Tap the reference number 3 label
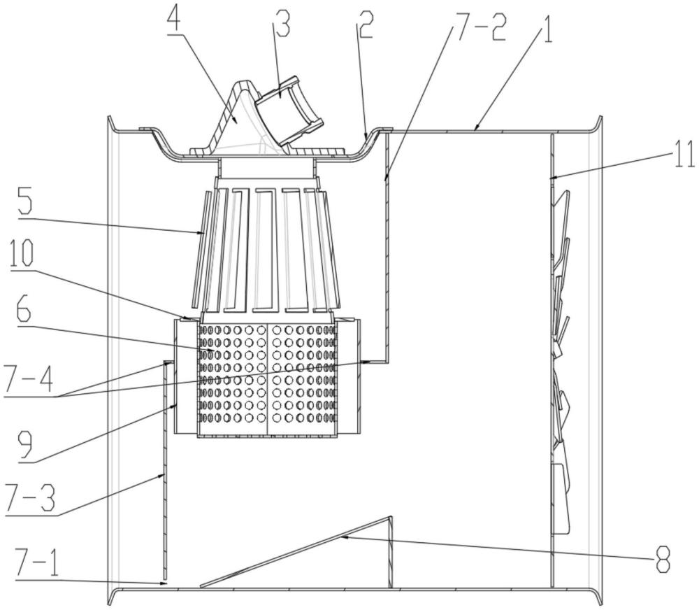(282, 27)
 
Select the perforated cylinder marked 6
(268, 378)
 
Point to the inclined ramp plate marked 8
(301, 552)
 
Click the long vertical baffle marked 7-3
(165, 476)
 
